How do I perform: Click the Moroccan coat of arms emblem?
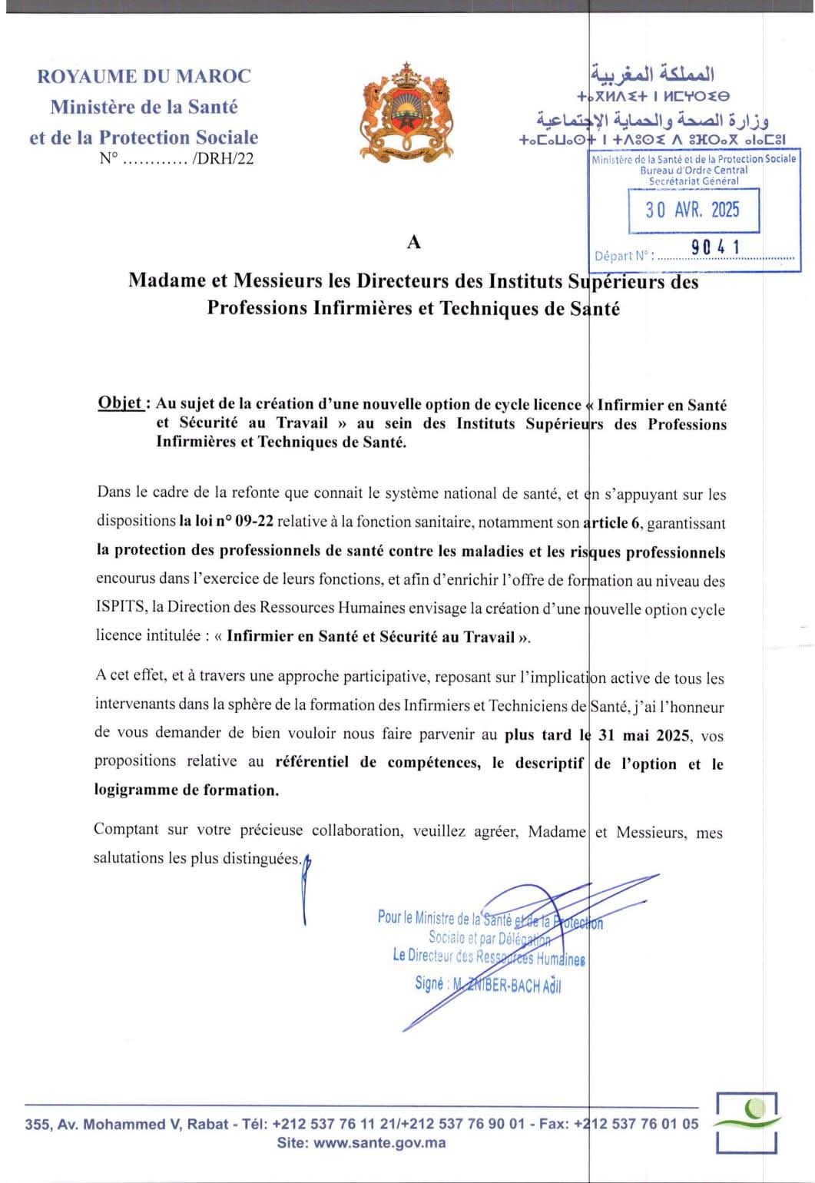(x=406, y=111)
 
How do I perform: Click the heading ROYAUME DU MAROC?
(x=144, y=76)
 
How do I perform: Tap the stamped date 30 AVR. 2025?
(x=692, y=210)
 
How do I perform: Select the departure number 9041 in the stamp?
(x=715, y=247)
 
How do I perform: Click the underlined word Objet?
(x=120, y=403)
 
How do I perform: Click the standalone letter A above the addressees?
(x=414, y=242)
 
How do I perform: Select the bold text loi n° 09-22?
(x=227, y=522)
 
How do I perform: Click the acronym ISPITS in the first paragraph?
(x=121, y=608)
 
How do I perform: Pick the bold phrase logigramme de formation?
(x=187, y=790)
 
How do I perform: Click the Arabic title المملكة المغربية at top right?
(x=653, y=75)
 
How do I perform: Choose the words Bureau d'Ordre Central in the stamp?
(x=694, y=170)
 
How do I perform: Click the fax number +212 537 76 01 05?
(x=636, y=1123)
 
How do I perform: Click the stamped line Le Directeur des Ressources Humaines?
(x=489, y=956)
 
